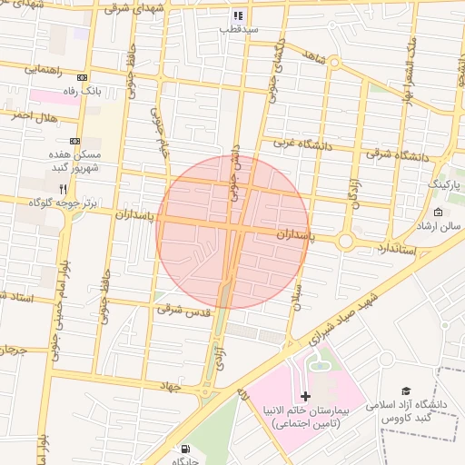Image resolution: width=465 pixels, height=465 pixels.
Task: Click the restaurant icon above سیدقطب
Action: [238, 15]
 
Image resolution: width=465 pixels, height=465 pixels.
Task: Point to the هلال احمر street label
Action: [35, 117]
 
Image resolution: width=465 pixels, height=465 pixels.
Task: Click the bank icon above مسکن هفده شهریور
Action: [74, 141]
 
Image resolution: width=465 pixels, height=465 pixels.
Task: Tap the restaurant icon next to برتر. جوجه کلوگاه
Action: [63, 188]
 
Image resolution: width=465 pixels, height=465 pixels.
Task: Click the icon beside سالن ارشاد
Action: [440, 213]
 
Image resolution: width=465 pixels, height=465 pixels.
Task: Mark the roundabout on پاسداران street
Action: [345, 242]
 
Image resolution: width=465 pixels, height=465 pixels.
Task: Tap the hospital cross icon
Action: [305, 396]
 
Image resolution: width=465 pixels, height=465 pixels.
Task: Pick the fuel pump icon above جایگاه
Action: [185, 449]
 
